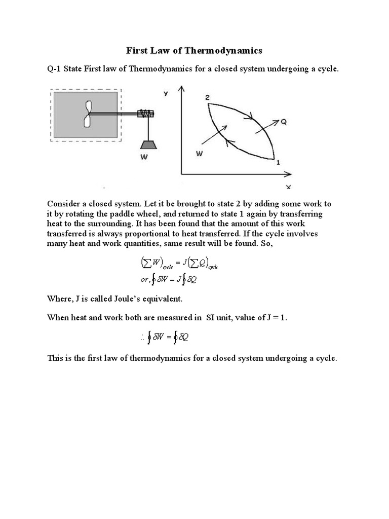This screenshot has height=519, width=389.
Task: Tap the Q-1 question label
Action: click(55, 69)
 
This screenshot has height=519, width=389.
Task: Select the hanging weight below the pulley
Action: click(148, 143)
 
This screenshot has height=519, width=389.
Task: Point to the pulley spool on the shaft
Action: click(147, 115)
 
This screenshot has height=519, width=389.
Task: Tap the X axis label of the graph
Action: click(288, 187)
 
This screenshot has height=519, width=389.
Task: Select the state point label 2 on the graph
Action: click(208, 97)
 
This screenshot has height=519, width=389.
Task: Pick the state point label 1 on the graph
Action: click(277, 163)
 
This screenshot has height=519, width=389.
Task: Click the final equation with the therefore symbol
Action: click(166, 338)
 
